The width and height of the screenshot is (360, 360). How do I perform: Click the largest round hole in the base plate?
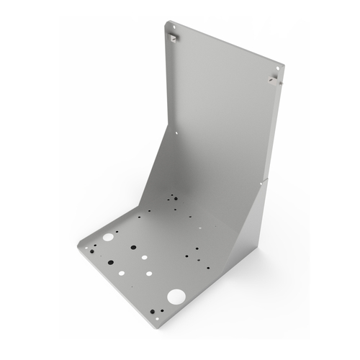[x=175, y=295]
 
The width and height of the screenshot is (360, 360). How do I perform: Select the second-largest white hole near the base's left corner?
[x=108, y=237]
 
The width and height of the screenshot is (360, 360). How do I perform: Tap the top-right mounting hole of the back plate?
[x=277, y=73]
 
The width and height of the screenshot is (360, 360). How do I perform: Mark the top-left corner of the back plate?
[x=166, y=22]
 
